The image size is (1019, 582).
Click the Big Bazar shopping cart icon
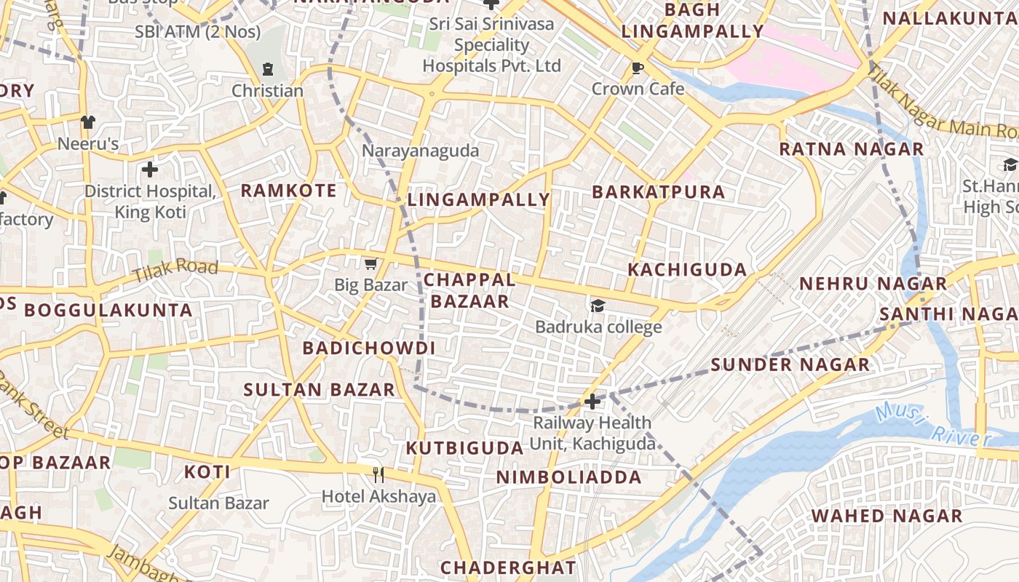point(371,263)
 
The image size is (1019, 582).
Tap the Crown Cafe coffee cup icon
point(638,68)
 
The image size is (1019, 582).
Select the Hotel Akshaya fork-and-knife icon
point(378,475)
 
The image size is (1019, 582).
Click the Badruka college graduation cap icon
point(598,306)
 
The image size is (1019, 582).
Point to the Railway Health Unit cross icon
point(592,401)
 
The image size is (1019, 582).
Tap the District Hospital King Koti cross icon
point(150,170)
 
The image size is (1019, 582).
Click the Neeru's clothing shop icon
point(87,121)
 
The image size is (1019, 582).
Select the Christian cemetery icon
point(267,70)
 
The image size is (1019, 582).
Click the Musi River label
point(933,426)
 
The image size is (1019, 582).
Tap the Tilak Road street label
point(175,271)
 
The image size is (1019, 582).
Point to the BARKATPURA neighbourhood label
point(658,192)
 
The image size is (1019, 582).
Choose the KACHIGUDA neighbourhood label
point(687,270)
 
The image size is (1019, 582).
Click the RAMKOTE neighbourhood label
point(288,191)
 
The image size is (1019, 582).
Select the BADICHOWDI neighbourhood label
point(369,348)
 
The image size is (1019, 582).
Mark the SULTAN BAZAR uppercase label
point(320,390)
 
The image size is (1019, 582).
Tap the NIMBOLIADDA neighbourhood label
point(569,478)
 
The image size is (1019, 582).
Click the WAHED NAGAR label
point(887,517)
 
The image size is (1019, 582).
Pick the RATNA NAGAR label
point(851,150)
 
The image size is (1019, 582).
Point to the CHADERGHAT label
point(508,567)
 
